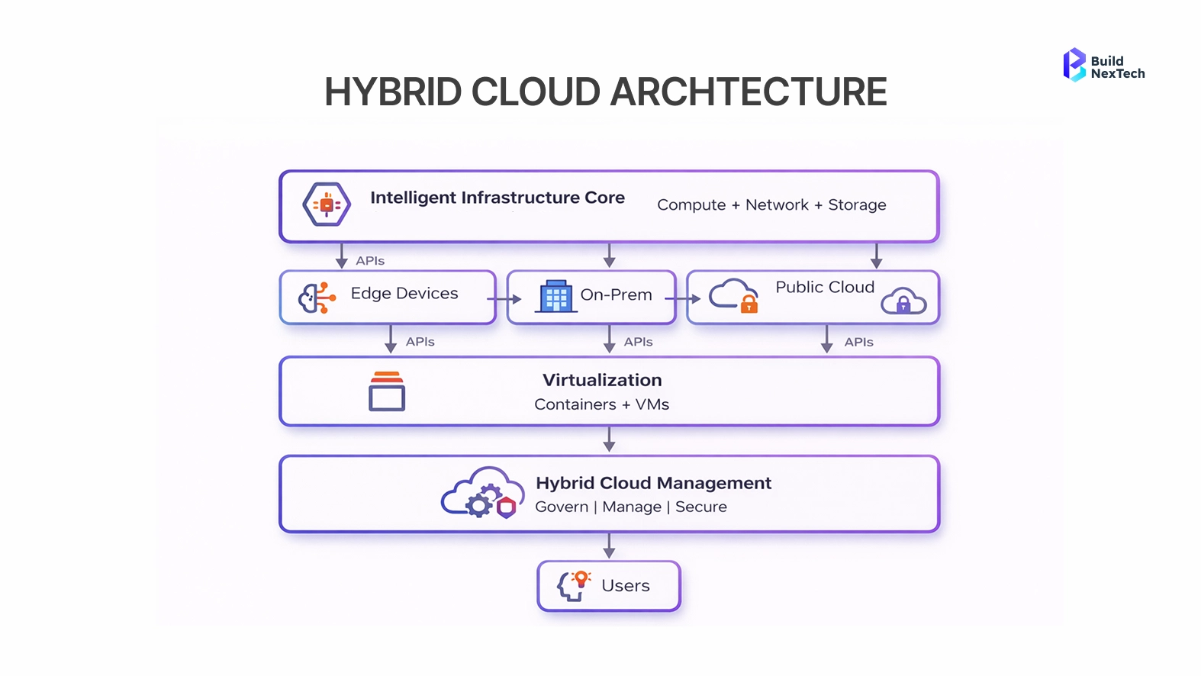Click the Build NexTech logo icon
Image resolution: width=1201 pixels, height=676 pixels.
(1074, 65)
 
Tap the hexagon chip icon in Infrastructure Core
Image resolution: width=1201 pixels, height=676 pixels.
(327, 204)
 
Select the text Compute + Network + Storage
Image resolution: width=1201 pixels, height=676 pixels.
(771, 205)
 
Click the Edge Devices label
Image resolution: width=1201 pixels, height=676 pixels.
(404, 294)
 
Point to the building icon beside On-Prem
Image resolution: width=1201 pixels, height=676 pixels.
(556, 296)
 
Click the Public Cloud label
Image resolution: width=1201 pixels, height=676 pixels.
(825, 288)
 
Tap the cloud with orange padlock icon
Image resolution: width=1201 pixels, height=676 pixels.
(733, 296)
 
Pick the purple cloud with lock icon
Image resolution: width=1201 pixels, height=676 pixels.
(903, 301)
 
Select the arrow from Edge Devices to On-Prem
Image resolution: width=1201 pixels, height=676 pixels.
(505, 299)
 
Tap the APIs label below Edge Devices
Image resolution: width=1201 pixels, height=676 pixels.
(420, 342)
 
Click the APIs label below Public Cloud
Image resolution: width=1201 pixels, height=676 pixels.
(858, 343)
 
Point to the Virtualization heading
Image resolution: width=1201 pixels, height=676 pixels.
(602, 380)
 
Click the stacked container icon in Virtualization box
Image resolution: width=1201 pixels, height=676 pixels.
(387, 391)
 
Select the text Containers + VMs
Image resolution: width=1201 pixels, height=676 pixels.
(601, 404)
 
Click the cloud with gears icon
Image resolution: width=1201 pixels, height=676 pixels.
(481, 494)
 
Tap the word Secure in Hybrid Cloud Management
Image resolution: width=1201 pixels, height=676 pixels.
(701, 507)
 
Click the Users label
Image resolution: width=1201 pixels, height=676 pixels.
(626, 586)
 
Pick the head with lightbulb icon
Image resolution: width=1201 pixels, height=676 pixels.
(573, 585)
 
